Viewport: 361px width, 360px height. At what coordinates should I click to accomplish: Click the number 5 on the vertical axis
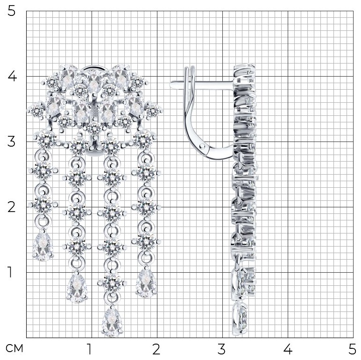coord(12,11)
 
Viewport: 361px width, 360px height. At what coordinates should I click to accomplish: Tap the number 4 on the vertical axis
coord(12,76)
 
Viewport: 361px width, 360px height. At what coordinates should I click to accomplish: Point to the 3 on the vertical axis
coord(12,141)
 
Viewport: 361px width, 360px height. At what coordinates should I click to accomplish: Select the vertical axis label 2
coord(12,207)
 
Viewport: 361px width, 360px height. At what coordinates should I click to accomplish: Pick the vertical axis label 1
coord(10,272)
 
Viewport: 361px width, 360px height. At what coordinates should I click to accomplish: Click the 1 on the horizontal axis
coord(89,349)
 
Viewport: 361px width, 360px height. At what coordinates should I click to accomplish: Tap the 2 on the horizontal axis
coord(156,349)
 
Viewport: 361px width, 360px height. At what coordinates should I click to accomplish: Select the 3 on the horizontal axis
coord(221,349)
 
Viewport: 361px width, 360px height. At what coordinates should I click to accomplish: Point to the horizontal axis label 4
coord(288,349)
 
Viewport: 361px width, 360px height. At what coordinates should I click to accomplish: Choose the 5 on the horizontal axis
coord(352,349)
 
